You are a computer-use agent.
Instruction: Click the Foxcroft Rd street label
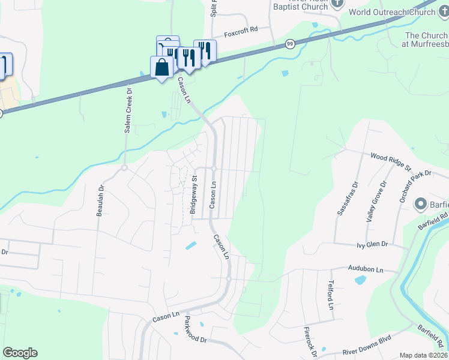tap(241, 29)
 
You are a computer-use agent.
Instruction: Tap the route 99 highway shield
tap(291, 44)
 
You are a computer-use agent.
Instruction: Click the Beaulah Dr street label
tap(101, 200)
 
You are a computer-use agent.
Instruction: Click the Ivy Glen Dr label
tap(372, 245)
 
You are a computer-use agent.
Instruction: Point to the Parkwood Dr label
tap(195, 330)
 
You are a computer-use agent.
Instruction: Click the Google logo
tap(20, 353)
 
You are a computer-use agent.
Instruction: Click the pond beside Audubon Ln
tap(360, 280)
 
